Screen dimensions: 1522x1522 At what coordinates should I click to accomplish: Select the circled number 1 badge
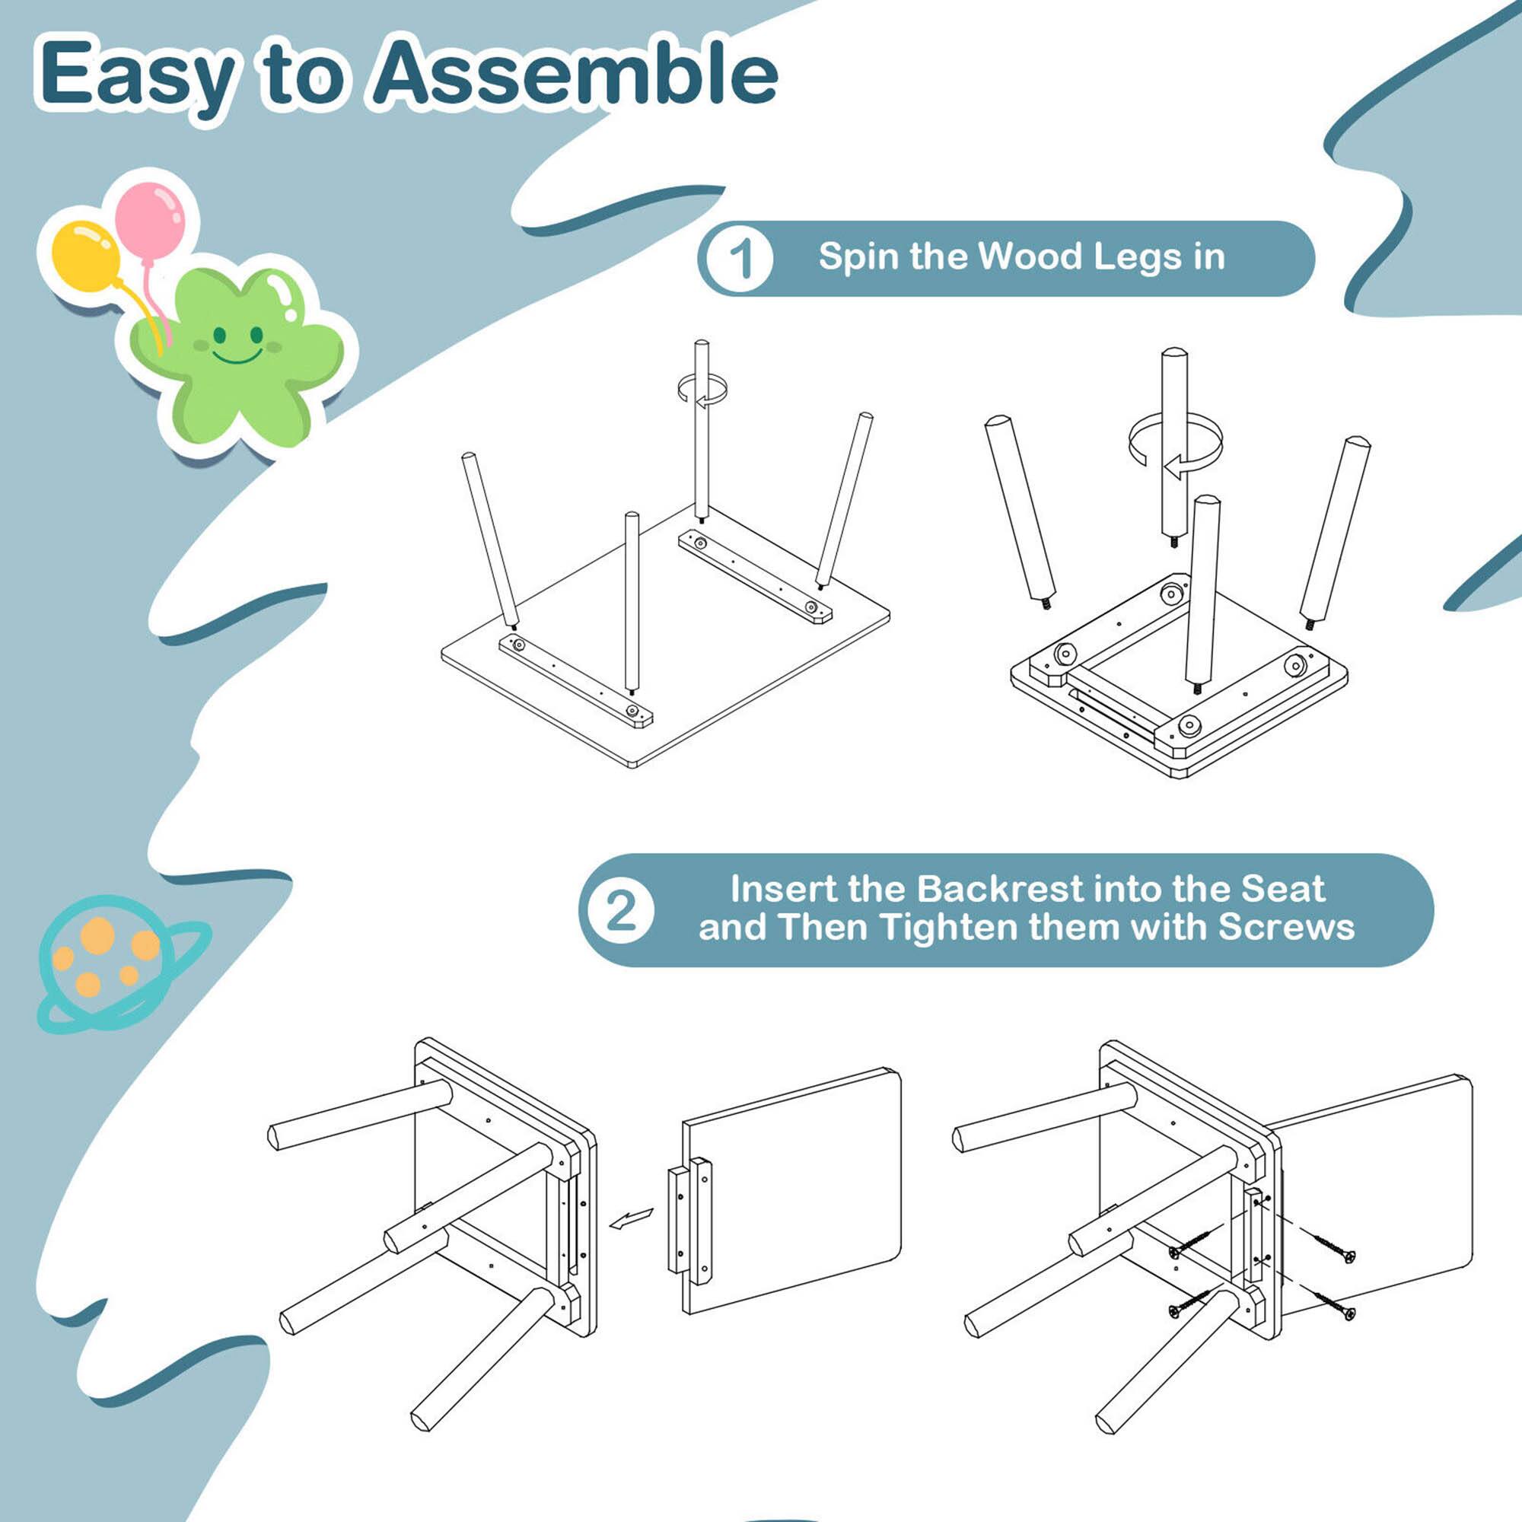739,258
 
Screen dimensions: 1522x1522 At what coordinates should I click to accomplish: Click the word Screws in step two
1286,927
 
